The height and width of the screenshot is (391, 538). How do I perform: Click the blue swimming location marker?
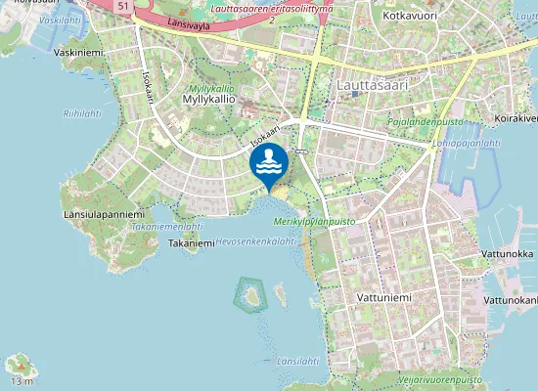pyautogui.click(x=268, y=163)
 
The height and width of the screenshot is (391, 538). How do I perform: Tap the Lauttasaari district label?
pyautogui.click(x=372, y=85)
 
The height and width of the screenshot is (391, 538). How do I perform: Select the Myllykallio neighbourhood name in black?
pyautogui.click(x=205, y=98)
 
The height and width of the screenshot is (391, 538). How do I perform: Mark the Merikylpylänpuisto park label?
pyautogui.click(x=315, y=222)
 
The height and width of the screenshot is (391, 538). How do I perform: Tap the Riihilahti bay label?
pyautogui.click(x=82, y=113)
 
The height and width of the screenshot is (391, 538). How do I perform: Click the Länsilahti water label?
pyautogui.click(x=297, y=361)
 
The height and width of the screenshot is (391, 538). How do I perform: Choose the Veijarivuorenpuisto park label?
pyautogui.click(x=439, y=376)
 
